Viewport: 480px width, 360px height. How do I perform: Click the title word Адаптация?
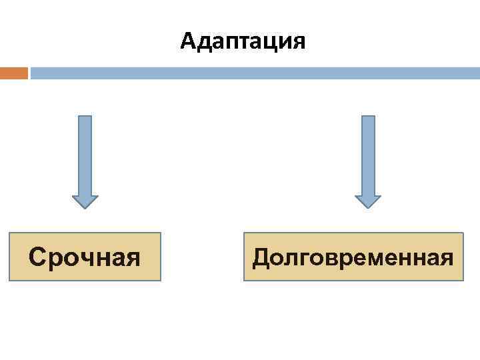(x=243, y=41)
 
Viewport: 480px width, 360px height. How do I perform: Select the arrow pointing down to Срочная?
(x=85, y=160)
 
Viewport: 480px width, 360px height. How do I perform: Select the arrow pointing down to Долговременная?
(x=368, y=160)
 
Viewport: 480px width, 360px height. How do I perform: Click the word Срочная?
(x=85, y=256)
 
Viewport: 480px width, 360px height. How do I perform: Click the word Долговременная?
(x=353, y=257)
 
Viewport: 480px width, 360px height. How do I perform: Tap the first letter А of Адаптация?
(x=188, y=41)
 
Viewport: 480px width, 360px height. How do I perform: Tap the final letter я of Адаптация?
(x=298, y=42)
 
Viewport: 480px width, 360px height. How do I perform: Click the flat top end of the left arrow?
(x=85, y=117)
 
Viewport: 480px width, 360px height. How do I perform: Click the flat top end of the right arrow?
(x=368, y=117)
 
